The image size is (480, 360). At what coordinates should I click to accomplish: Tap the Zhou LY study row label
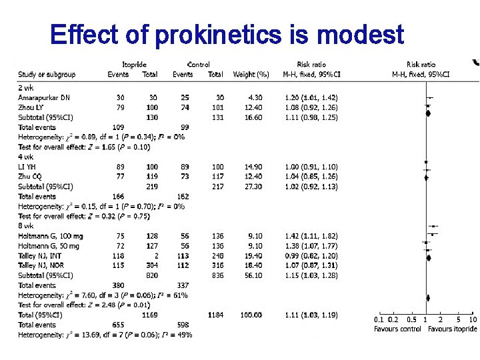(32, 107)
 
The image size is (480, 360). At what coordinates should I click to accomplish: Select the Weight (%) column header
(251, 74)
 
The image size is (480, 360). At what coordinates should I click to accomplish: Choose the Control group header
(198, 64)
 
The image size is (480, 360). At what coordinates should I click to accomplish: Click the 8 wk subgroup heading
(26, 226)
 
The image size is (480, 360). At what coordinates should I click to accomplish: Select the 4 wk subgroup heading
(26, 157)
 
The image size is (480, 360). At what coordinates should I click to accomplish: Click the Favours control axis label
(397, 329)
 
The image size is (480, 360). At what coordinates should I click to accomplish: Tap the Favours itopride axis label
(453, 329)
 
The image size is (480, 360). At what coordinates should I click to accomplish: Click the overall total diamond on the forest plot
(427, 315)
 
